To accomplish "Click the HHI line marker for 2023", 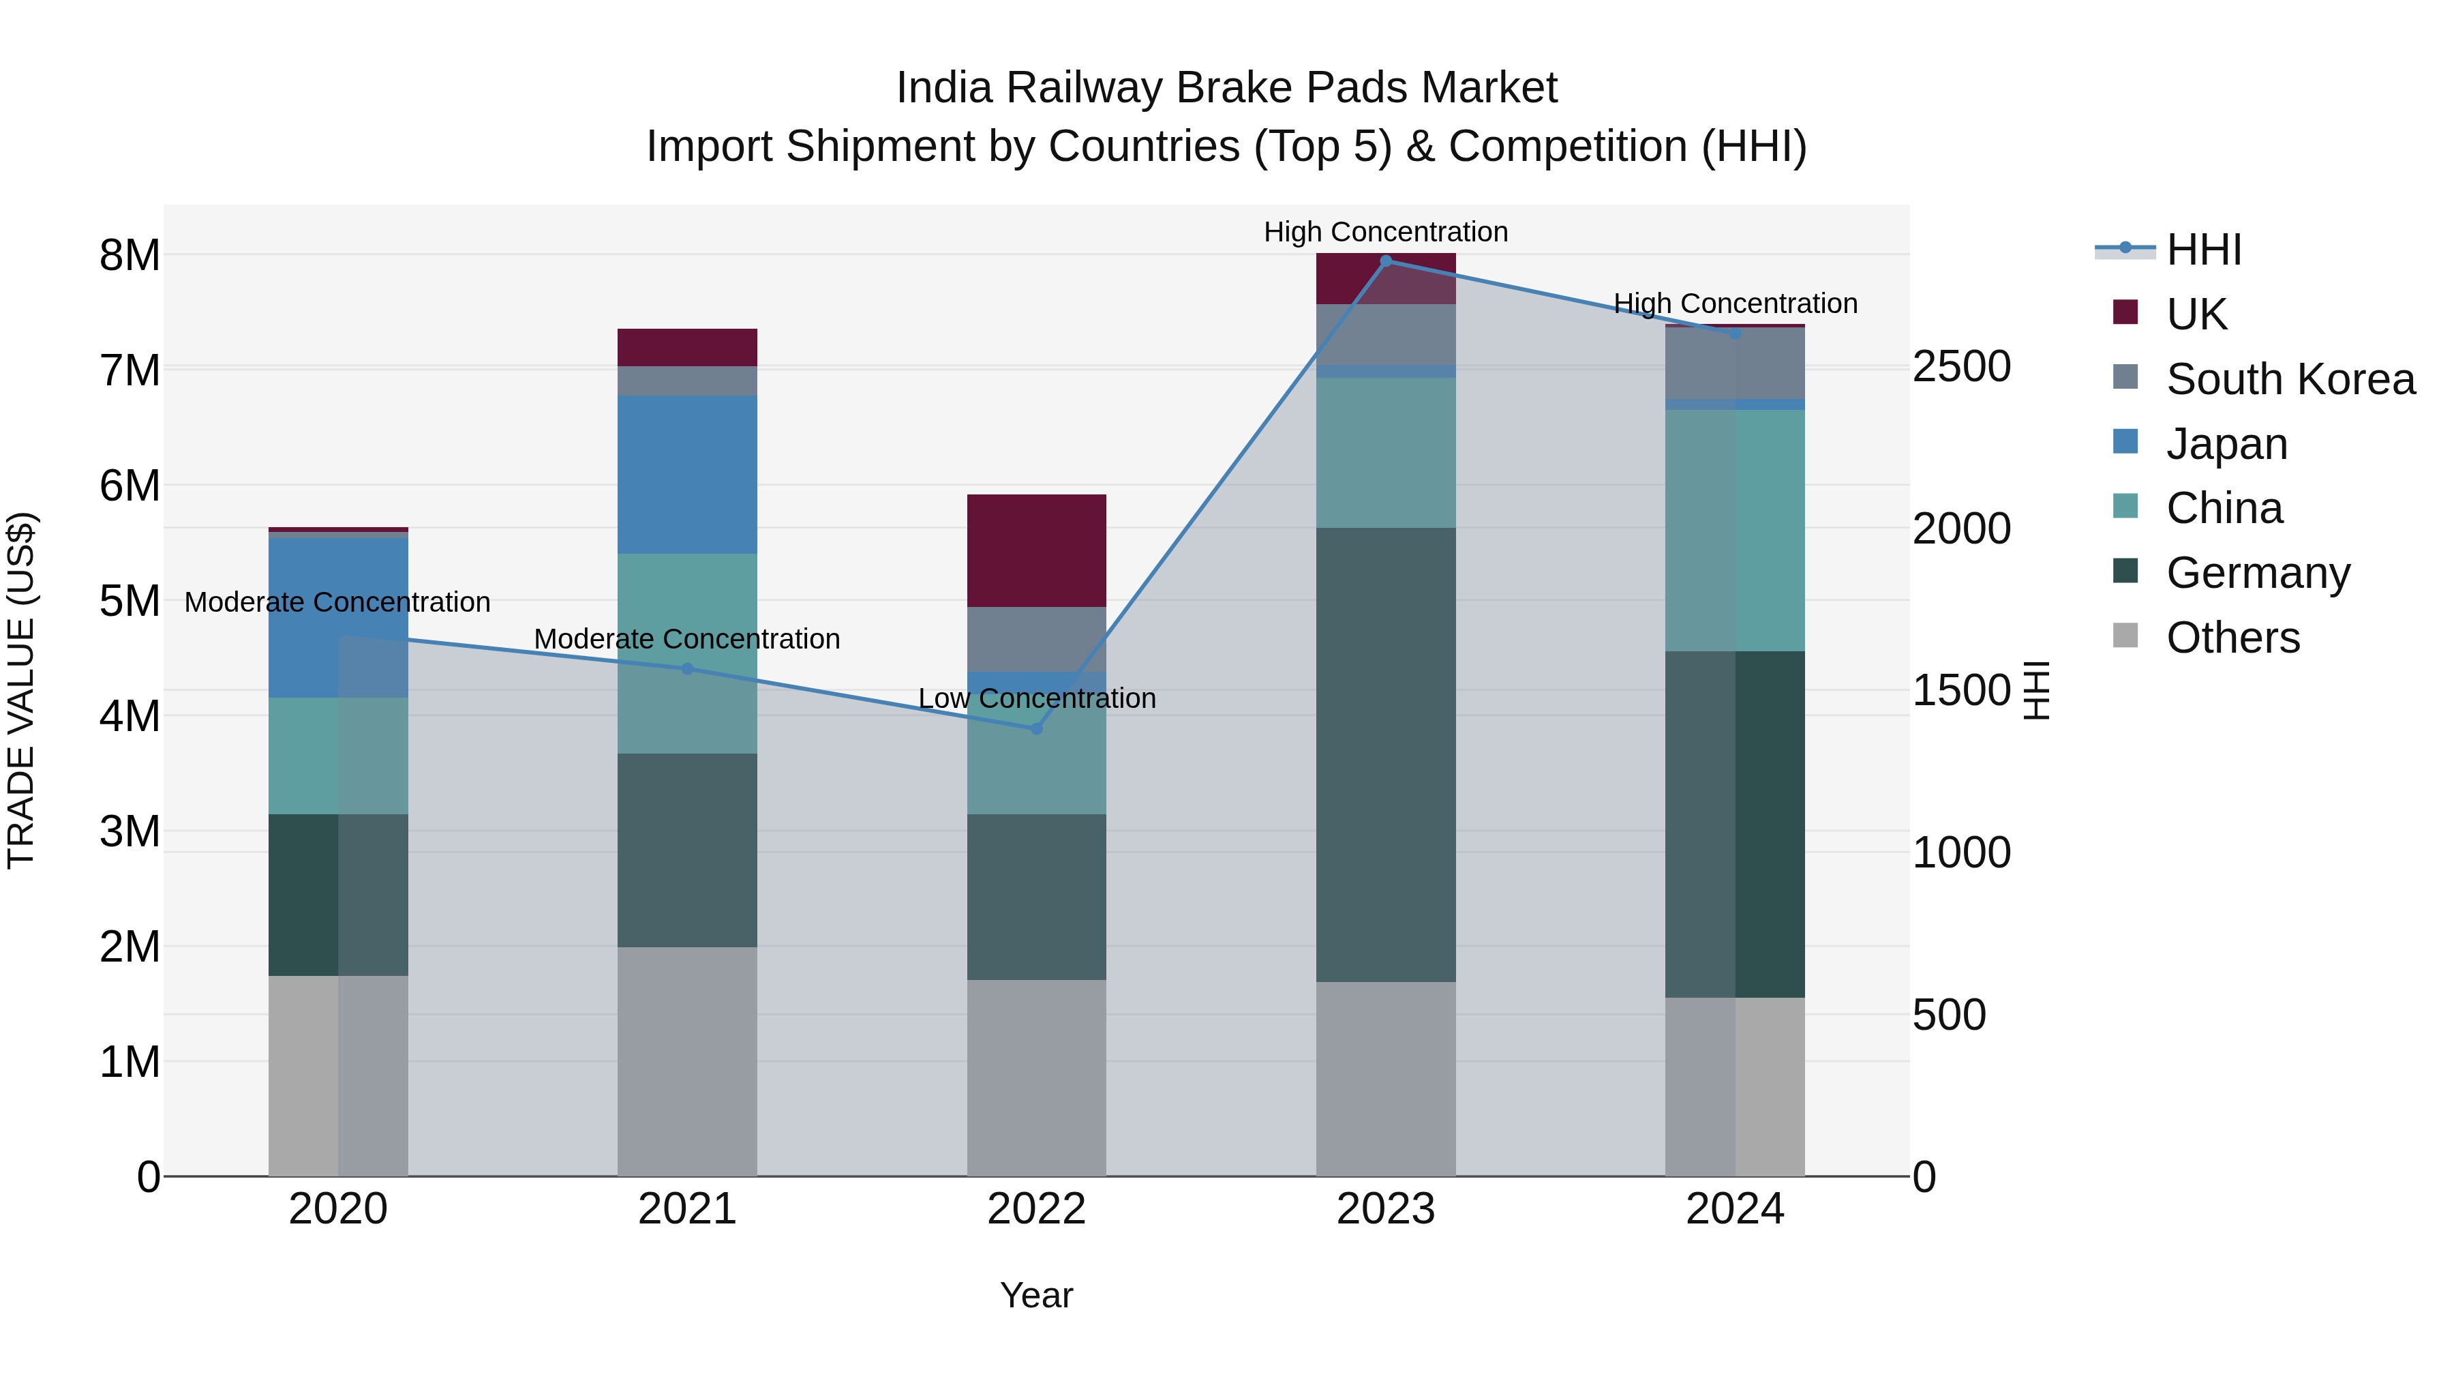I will coord(1386,261).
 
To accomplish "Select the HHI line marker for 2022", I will coord(1036,729).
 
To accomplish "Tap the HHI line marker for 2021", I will coord(687,669).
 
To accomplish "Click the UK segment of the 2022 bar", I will coord(1036,551).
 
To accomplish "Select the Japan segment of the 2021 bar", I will coord(687,475).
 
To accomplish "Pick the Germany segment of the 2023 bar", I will coord(1386,755).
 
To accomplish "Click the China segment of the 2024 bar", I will coord(1735,531).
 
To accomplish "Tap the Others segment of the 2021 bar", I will coord(687,1060).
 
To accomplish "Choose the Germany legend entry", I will coord(2257,573).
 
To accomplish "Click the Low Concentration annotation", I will coord(1036,698).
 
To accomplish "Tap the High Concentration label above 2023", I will coord(1385,233).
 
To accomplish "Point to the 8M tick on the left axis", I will coord(130,256).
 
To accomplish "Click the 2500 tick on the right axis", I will coord(1961,367).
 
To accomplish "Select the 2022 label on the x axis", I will coord(1036,1209).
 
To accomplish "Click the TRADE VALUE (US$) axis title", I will coord(21,690).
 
